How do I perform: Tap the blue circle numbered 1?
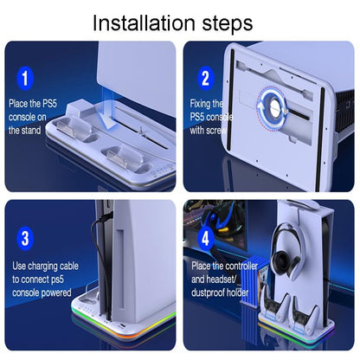[26, 80]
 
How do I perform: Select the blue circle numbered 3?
[26, 237]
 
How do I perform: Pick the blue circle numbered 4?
[205, 239]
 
